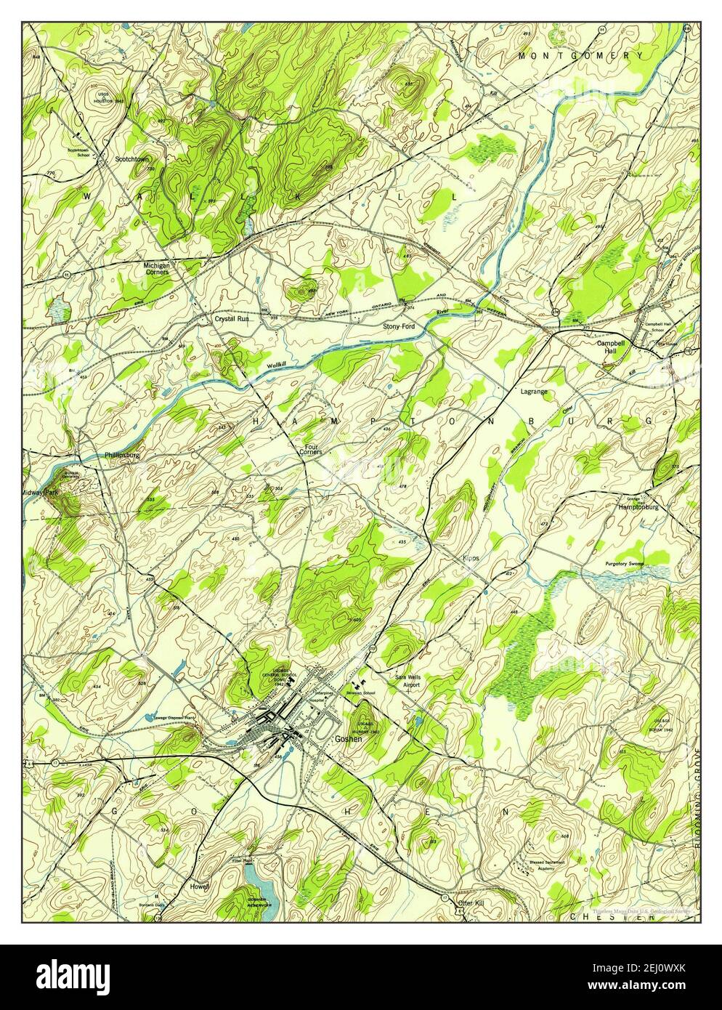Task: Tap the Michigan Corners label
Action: (x=157, y=269)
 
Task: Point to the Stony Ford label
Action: (x=399, y=327)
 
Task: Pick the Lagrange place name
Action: (x=534, y=392)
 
